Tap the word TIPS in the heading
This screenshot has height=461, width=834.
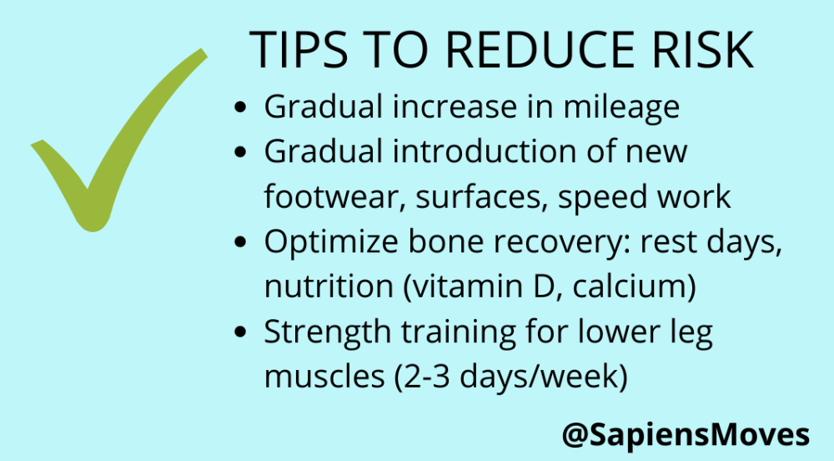click(299, 49)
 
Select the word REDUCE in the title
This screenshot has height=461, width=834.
click(540, 49)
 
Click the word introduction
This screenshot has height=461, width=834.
click(484, 151)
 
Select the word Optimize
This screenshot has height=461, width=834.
click(331, 242)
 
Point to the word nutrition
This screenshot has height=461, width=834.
click(329, 287)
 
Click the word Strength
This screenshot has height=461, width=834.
click(328, 333)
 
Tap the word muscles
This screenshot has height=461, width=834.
click(324, 377)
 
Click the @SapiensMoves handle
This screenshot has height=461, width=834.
click(686, 435)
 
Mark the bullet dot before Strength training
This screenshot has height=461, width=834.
click(240, 332)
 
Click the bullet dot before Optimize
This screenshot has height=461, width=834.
click(240, 241)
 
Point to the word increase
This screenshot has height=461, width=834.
click(455, 106)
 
